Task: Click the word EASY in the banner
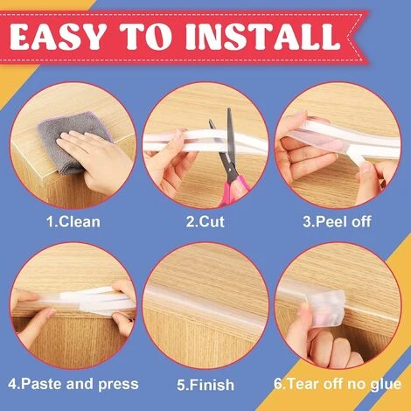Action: pos(58,37)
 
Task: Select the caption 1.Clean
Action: pos(73,222)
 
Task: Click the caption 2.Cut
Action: pos(205,222)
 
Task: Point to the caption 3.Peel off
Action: pos(337,222)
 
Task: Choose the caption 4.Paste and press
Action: pos(73,384)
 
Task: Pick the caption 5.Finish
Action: pos(205,385)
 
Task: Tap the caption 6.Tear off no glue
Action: pos(338,384)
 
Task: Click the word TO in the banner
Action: pos(146,37)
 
